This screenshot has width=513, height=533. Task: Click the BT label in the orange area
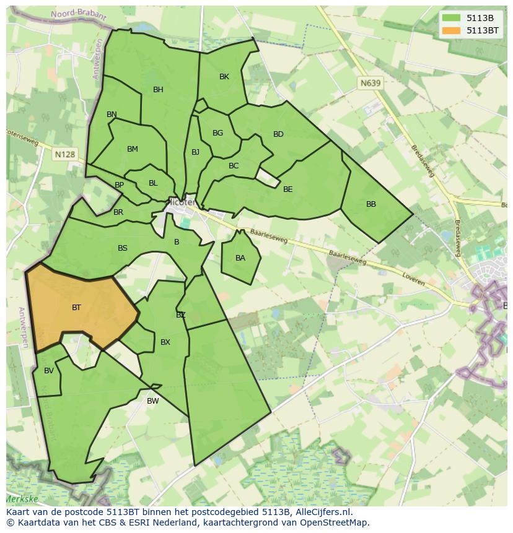coord(76,307)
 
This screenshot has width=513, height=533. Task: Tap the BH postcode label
coord(158,90)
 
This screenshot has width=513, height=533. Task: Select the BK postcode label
coord(224,77)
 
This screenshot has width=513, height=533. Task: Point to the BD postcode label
coord(278,134)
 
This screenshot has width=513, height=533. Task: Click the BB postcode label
coord(371,204)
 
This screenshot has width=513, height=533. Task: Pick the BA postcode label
coord(240,258)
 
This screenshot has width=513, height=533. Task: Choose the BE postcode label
coord(287,189)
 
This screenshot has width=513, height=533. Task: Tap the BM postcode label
coord(132,149)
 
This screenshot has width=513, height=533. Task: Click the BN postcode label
coord(112,115)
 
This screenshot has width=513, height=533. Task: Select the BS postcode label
coord(123,248)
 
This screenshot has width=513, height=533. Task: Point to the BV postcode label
coord(49,371)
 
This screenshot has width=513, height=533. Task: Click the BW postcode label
coord(152,401)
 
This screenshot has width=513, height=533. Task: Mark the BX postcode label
coord(165,342)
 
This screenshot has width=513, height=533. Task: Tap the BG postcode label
coord(217,133)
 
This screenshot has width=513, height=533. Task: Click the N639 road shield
coord(370,82)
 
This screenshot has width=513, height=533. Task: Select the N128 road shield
coord(64,154)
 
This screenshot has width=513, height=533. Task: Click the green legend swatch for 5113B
coord(451,18)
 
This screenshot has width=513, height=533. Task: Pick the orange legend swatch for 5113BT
coord(451,30)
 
